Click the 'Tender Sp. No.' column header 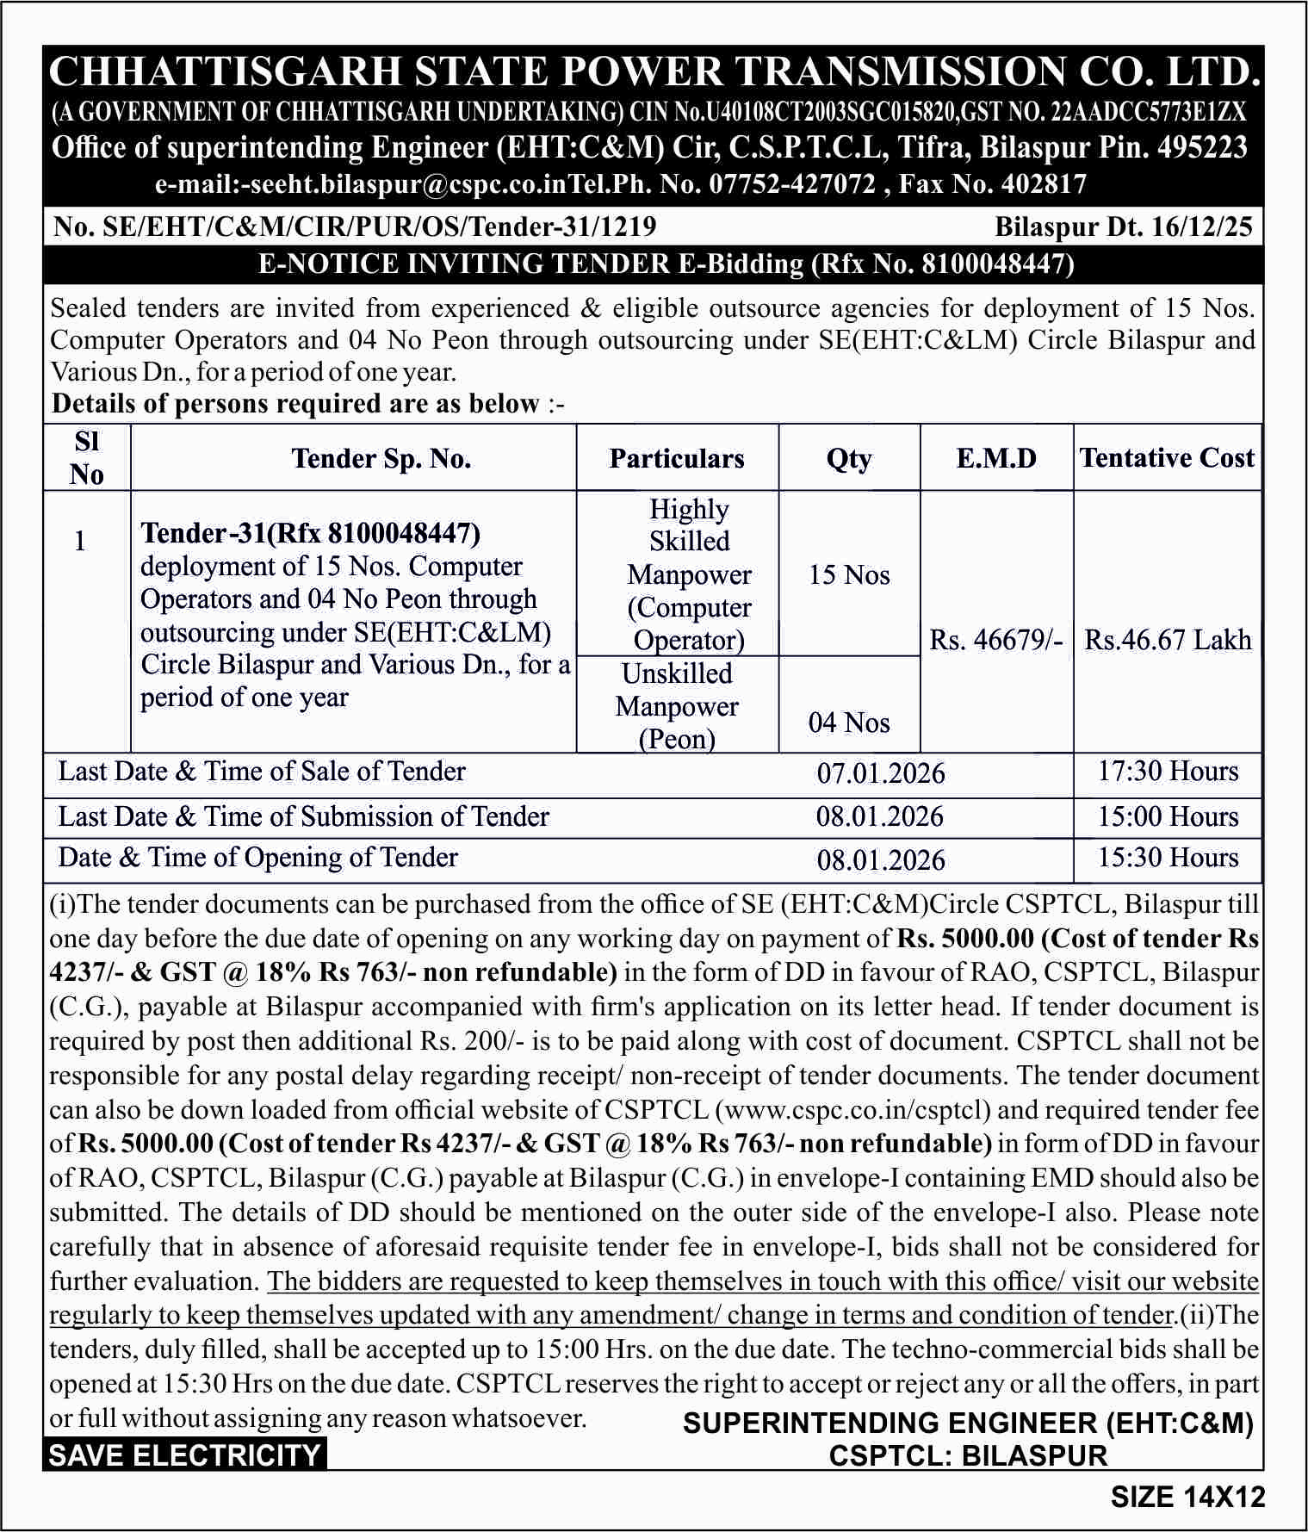tap(381, 458)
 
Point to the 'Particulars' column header tap(677, 458)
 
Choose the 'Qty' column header tap(849, 458)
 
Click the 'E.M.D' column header tap(996, 458)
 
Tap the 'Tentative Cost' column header tap(1167, 457)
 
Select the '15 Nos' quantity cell tap(849, 574)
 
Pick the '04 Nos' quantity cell tap(849, 723)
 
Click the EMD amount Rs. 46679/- tap(996, 640)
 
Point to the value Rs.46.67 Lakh tap(1167, 640)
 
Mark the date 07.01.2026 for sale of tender tap(880, 773)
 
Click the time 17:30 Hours tap(1167, 771)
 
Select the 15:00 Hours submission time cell tap(1167, 816)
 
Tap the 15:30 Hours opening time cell tap(1167, 858)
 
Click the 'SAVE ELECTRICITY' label tap(184, 1455)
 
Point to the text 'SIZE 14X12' tap(1187, 1497)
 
